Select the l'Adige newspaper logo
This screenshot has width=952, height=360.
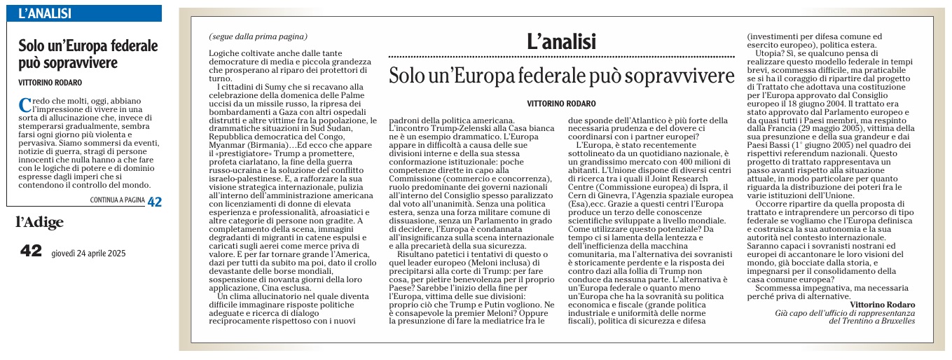39,223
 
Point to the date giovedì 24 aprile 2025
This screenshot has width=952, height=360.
88,254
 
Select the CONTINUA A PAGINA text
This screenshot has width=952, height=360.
116,201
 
